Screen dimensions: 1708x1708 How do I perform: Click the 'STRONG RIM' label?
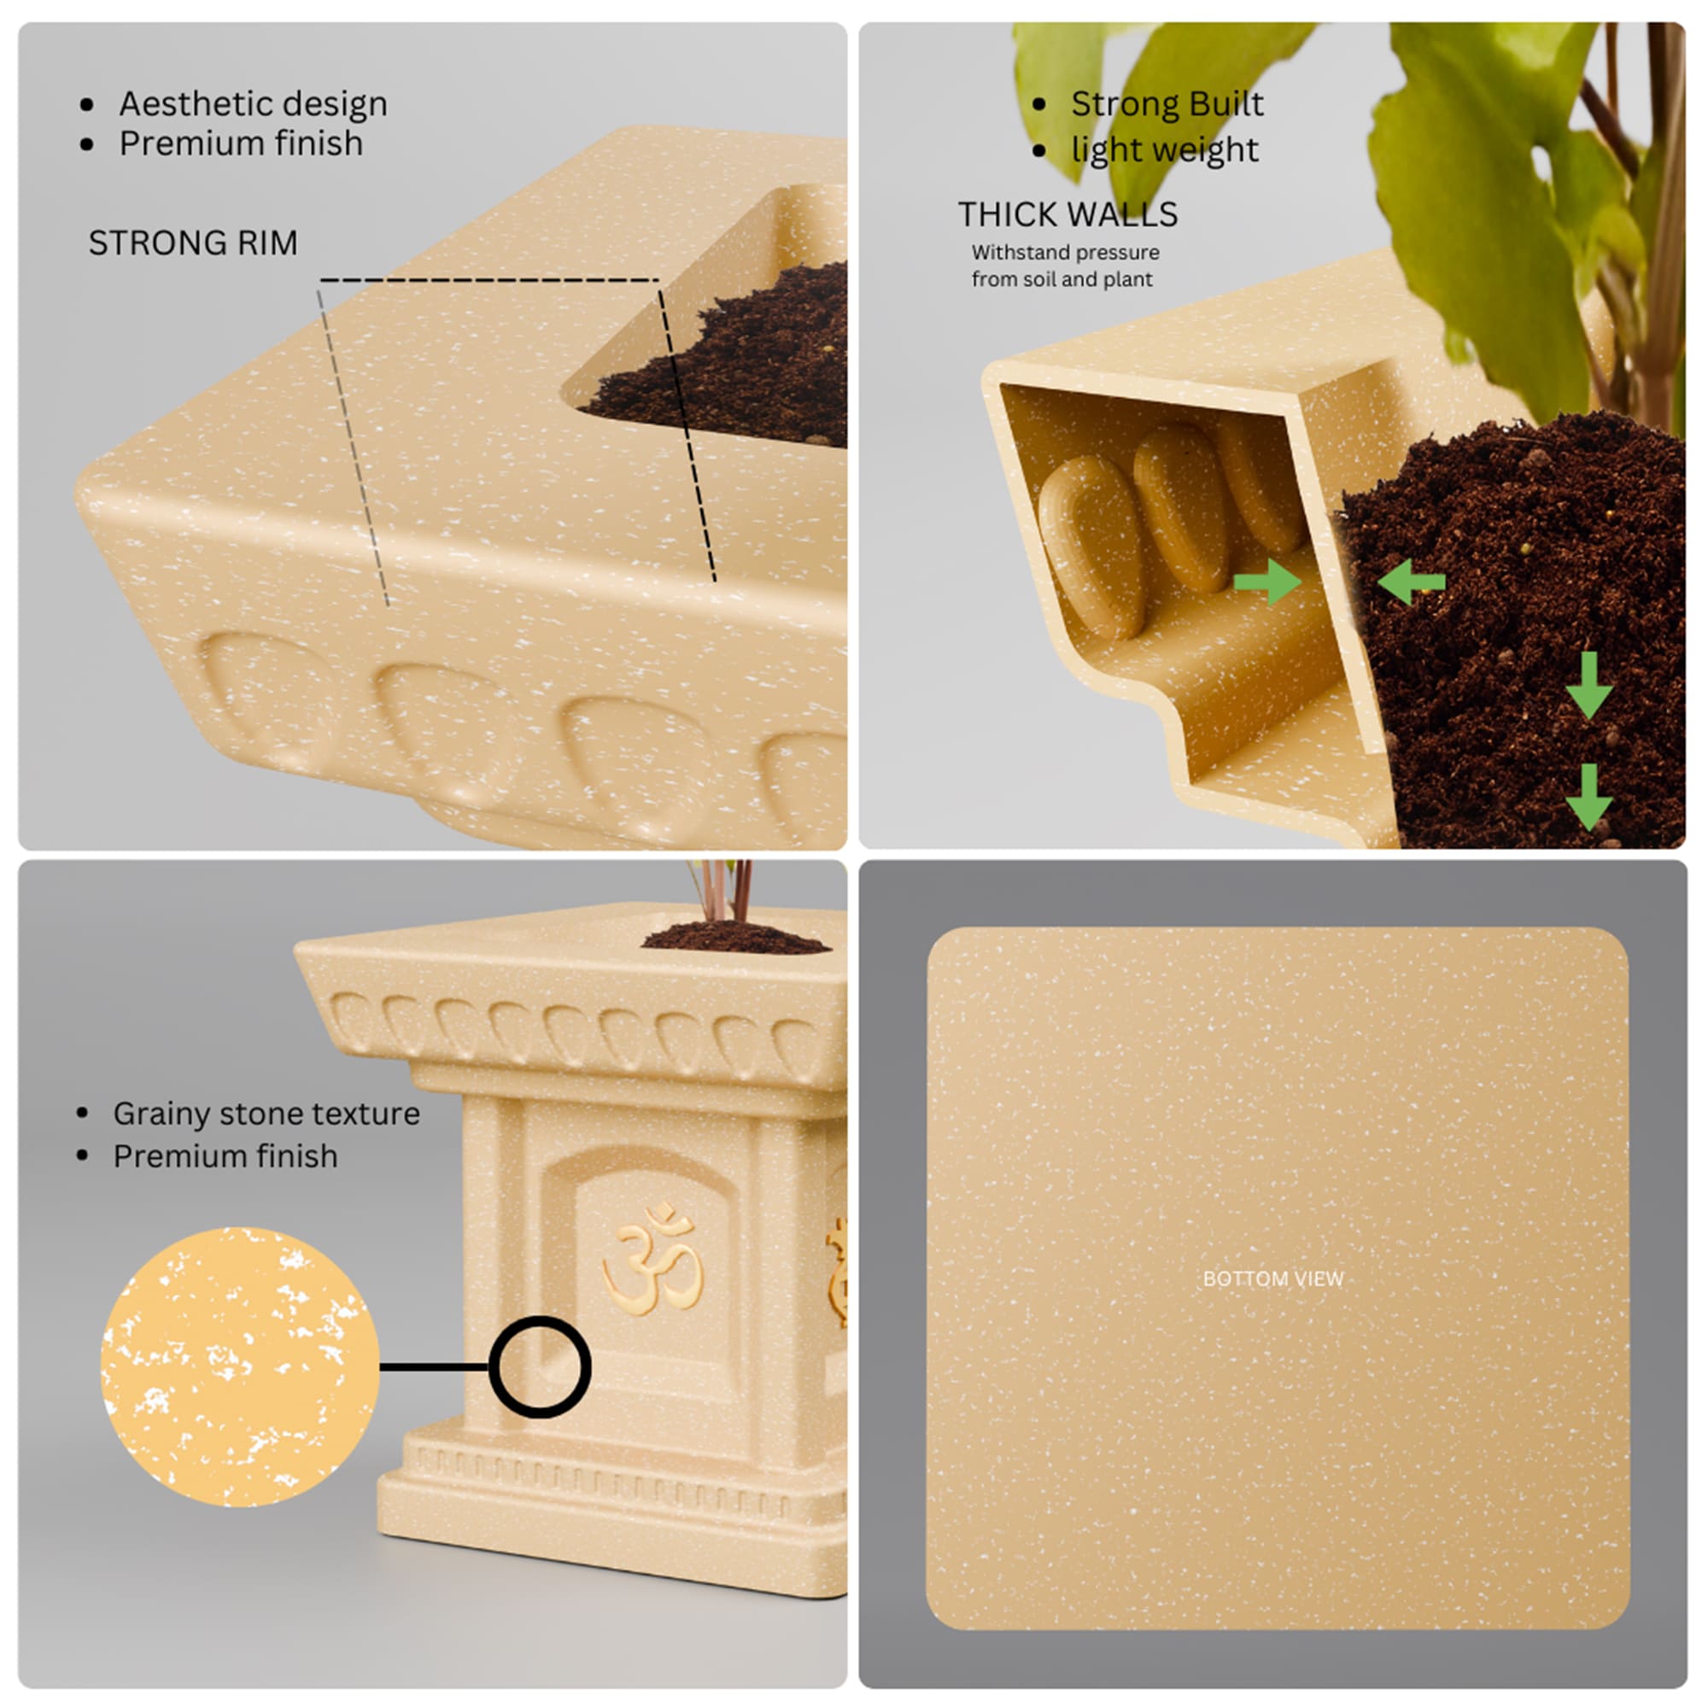point(193,243)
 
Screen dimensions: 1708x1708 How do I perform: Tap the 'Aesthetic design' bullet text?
point(254,104)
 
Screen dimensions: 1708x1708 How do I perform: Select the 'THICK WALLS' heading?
point(1068,214)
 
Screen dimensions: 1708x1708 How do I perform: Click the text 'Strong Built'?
point(1167,103)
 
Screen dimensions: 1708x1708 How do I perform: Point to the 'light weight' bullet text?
point(1164,149)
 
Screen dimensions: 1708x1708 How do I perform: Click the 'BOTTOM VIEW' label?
point(1273,1278)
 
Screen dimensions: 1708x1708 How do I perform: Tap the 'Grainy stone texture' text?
point(266,1114)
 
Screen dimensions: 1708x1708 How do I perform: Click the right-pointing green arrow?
point(1267,582)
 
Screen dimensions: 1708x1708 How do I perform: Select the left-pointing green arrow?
point(1411,582)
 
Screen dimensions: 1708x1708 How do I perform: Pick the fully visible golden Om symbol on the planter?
point(652,1259)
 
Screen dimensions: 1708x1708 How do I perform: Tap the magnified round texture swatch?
point(241,1366)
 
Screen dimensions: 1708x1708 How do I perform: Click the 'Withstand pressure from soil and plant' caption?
point(1065,266)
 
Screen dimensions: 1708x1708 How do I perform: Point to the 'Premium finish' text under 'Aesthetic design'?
point(241,143)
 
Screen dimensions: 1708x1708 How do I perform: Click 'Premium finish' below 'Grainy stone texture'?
point(225,1156)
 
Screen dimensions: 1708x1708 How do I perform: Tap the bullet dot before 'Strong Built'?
point(1039,104)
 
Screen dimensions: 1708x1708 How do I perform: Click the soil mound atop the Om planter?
point(735,936)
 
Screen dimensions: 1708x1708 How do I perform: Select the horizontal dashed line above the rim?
point(488,280)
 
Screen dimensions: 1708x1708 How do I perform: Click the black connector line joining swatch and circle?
point(435,1366)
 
